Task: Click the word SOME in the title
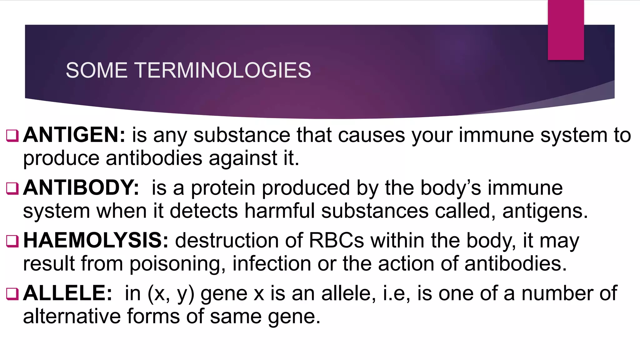click(x=97, y=70)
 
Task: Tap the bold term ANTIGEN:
click(x=74, y=135)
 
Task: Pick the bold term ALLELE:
click(x=67, y=293)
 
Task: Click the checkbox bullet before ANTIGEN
click(x=12, y=136)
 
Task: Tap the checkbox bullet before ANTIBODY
click(x=12, y=189)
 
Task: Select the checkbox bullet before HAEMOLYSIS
click(x=12, y=241)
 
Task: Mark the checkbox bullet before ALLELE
click(x=12, y=294)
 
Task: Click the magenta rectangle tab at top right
click(x=566, y=30)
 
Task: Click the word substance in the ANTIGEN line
click(x=242, y=135)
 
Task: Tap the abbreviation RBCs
click(x=337, y=241)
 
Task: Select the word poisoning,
click(x=177, y=264)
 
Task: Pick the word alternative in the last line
click(x=72, y=316)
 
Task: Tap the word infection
click(x=272, y=263)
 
